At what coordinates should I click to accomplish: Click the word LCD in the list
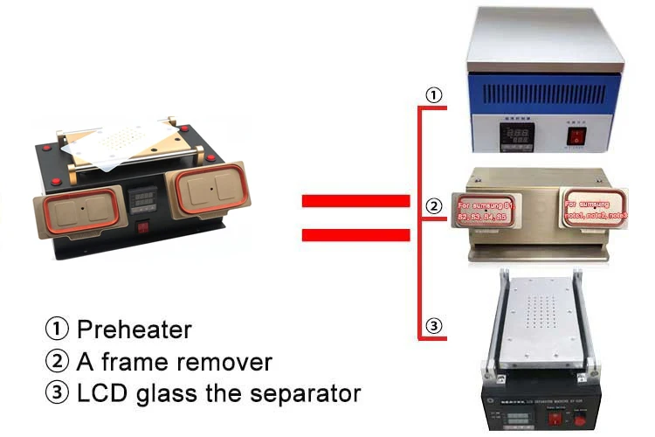pyautogui.click(x=102, y=392)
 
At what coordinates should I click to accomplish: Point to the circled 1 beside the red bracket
pyautogui.click(x=433, y=94)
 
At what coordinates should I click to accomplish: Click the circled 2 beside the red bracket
pyautogui.click(x=433, y=207)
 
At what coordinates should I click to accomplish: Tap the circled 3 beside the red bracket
pyautogui.click(x=433, y=327)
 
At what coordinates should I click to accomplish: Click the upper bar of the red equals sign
pyautogui.click(x=355, y=201)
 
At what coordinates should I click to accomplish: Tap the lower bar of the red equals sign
pyautogui.click(x=355, y=233)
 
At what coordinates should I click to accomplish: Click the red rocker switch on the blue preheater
pyautogui.click(x=576, y=137)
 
